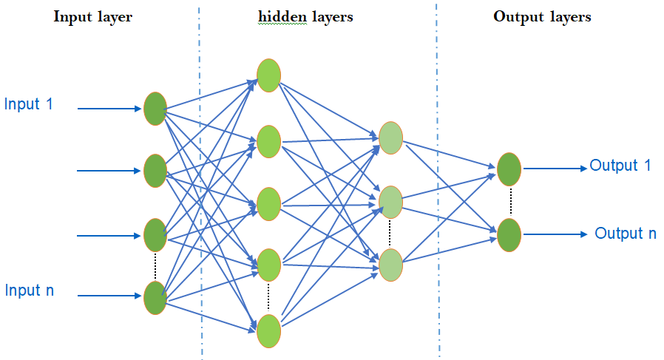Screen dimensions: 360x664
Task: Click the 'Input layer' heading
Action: coord(92,17)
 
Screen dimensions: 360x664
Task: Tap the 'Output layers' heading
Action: coord(542,17)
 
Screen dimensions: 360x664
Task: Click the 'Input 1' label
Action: coord(29,104)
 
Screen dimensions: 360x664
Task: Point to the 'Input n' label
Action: coord(29,291)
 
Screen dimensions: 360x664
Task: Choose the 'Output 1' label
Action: coord(620,166)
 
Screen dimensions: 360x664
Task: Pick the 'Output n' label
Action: coord(626,234)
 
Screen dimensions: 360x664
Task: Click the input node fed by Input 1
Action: coord(155,109)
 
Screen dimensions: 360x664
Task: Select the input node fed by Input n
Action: coord(155,297)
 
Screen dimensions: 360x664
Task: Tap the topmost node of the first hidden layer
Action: coord(268,75)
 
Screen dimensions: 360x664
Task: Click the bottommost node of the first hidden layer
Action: coord(268,330)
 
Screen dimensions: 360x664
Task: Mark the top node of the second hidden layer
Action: coord(390,137)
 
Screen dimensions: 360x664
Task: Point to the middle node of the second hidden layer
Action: coord(390,202)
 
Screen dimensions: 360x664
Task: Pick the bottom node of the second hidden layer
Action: coord(390,266)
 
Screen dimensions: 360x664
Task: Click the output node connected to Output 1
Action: coord(509,169)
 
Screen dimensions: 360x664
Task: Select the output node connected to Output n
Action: coord(509,235)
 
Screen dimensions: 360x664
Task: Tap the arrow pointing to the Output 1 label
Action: coord(555,168)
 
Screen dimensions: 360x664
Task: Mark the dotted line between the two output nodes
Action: coord(509,202)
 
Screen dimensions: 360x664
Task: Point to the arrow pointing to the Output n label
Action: coord(556,234)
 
